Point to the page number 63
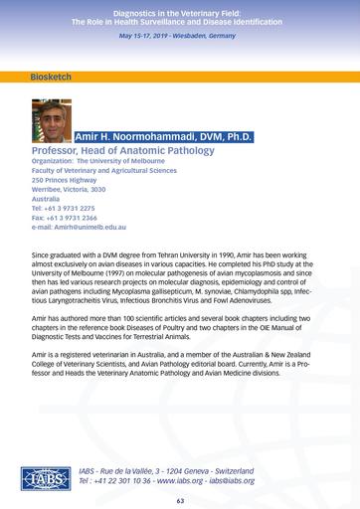180,500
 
